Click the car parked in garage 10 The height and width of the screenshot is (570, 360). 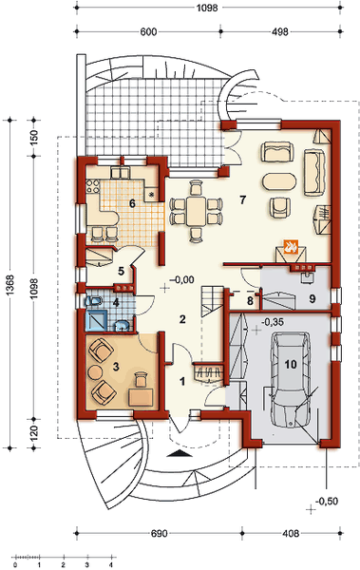(290, 381)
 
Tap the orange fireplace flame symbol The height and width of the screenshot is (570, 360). (291, 247)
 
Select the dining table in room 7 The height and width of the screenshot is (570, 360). (196, 211)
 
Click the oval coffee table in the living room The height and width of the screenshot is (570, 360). (278, 181)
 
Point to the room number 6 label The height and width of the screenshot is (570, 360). (132, 203)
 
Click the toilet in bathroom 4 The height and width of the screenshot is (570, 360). (94, 301)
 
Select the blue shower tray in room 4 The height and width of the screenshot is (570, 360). (96, 320)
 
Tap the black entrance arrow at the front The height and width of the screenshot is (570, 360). (179, 452)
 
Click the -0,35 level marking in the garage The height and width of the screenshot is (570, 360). (273, 322)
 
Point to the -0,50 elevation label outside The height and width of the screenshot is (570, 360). (327, 502)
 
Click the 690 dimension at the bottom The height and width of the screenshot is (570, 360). (159, 533)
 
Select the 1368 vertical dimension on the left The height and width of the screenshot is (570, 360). (9, 284)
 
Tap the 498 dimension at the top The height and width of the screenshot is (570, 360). (280, 31)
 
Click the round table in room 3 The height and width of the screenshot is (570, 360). (96, 371)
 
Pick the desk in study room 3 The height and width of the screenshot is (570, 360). (141, 397)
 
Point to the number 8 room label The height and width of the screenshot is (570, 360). (250, 301)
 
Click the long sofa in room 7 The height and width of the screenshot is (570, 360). (314, 172)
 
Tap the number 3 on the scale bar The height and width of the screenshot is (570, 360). (87, 564)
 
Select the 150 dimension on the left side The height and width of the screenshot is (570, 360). (33, 138)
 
